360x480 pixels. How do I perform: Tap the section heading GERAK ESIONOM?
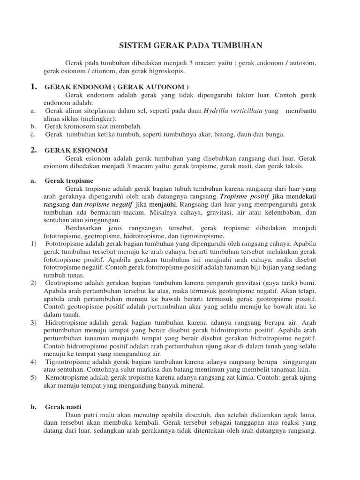(76, 150)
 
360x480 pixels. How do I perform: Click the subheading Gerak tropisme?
(69, 180)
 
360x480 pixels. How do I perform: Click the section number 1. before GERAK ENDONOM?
(33, 87)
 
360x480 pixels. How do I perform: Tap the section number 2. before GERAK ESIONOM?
(33, 150)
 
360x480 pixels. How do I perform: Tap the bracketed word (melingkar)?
(97, 119)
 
